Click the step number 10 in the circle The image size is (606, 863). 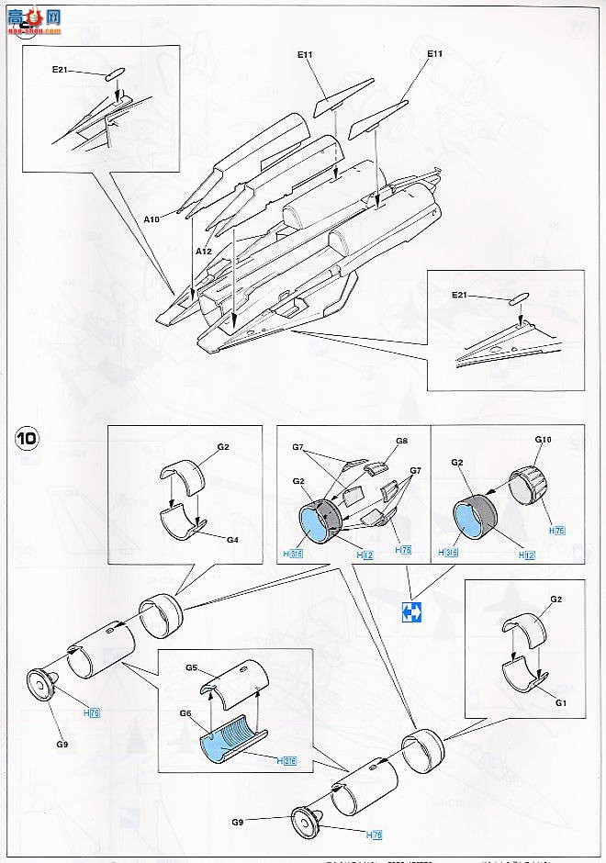tap(26, 438)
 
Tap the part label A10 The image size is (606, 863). tap(151, 219)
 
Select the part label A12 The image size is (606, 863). tap(203, 251)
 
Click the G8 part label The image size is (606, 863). tap(401, 441)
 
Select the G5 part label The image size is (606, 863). tap(192, 667)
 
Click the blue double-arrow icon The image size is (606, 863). tap(411, 612)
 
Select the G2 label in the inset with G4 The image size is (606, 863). tap(223, 448)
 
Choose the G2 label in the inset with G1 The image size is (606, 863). tap(556, 598)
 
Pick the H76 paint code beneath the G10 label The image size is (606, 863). tap(555, 531)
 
